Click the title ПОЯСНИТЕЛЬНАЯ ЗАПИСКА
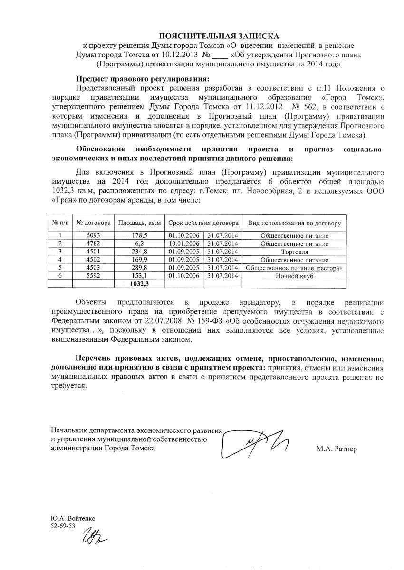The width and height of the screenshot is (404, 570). tap(219, 36)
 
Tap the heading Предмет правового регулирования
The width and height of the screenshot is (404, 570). tap(143, 79)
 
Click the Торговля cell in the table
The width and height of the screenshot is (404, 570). tap(295, 252)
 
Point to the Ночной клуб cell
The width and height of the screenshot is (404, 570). tap(295, 276)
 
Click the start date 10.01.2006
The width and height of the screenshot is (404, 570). tap(183, 243)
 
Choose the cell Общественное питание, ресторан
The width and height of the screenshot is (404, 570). tap(295, 268)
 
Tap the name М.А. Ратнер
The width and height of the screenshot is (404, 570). tap(336, 449)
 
